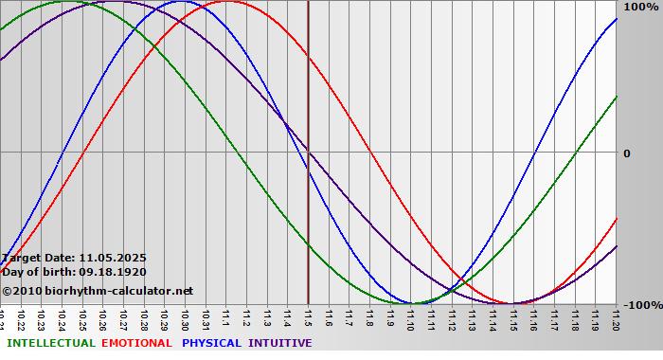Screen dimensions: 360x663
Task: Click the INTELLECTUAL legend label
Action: coord(50,343)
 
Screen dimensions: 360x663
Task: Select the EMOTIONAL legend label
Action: coord(136,343)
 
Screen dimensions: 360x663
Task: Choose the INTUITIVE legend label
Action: coord(279,343)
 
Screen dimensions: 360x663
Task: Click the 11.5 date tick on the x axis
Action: coord(308,318)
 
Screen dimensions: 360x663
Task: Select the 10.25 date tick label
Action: coord(82,318)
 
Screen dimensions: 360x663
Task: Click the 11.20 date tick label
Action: coord(616,318)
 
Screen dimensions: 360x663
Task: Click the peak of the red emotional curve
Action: coord(227,2)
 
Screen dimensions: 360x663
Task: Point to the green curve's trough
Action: coord(398,303)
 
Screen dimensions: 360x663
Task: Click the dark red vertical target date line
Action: coord(308,189)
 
